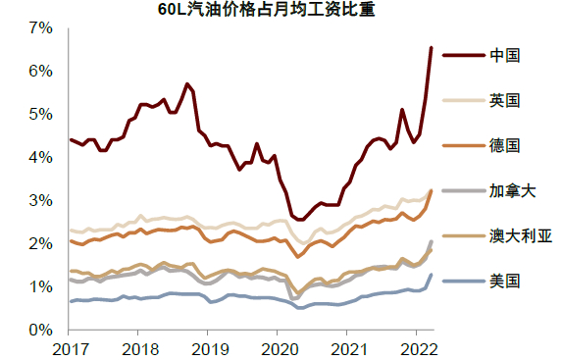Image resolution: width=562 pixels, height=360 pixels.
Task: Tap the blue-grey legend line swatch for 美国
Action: tap(462, 281)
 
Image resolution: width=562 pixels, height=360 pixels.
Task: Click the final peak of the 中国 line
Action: tap(431, 47)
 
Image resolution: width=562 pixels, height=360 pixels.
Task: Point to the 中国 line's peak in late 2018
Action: tap(187, 84)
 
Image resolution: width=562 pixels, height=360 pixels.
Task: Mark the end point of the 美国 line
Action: tap(431, 275)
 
